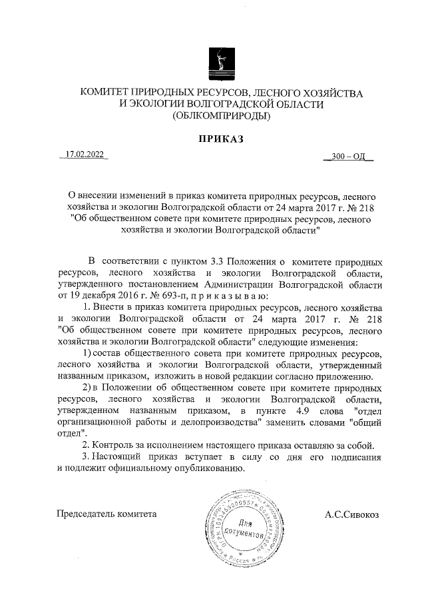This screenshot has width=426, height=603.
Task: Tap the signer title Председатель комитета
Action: pos(107,514)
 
